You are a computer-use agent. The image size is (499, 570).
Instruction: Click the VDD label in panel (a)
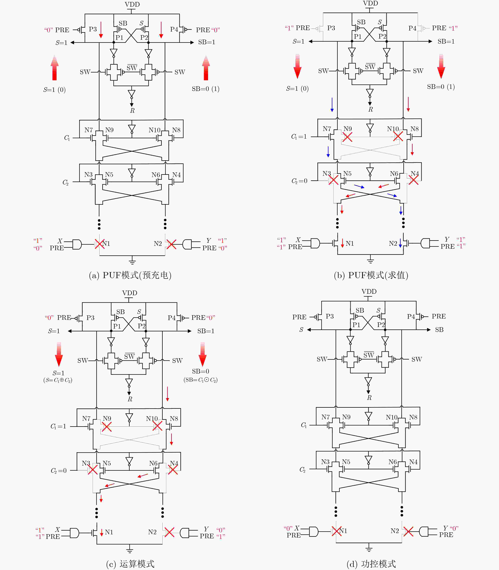(132, 4)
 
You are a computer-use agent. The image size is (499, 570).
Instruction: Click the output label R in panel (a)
(132, 110)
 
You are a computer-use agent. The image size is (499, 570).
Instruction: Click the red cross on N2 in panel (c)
(169, 532)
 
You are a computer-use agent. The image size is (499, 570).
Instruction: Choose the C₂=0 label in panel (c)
(58, 471)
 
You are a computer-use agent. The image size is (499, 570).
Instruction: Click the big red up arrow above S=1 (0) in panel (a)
(55, 68)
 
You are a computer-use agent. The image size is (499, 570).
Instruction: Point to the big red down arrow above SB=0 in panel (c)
(203, 354)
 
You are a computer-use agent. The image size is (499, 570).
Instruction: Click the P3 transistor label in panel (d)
(330, 316)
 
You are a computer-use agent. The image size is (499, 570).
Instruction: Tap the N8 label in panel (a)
(176, 130)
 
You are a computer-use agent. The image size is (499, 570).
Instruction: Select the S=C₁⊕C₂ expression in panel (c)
(58, 380)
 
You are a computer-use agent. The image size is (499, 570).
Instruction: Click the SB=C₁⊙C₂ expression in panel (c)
(201, 380)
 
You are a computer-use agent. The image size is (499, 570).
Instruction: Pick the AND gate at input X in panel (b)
(315, 243)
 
